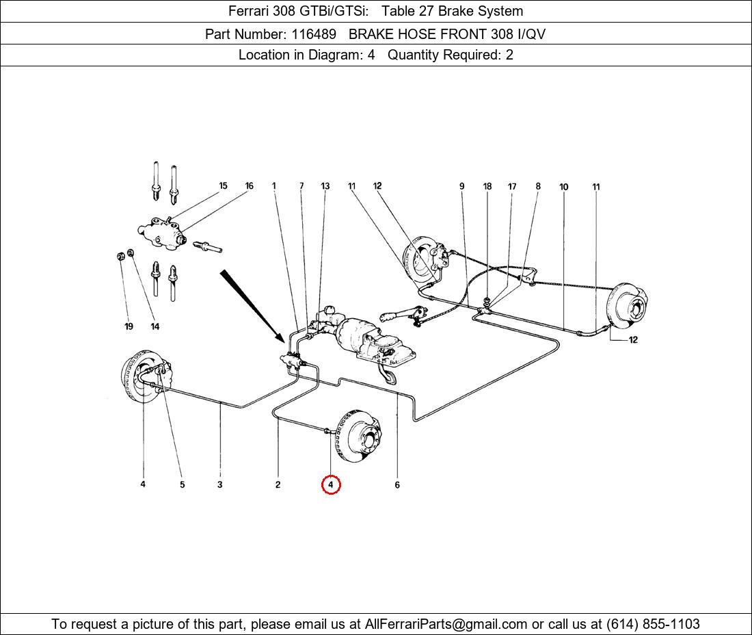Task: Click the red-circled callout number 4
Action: (330, 485)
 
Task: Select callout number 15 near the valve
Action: (223, 186)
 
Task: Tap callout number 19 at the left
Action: (129, 326)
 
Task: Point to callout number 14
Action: (155, 326)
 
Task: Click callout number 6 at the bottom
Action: (397, 485)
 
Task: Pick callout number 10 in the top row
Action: (564, 187)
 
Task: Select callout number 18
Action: (487, 187)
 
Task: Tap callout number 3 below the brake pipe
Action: (220, 485)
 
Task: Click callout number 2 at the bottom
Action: (278, 485)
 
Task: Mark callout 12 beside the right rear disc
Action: (632, 340)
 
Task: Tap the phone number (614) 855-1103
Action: (653, 624)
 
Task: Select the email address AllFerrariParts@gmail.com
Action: (446, 624)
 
